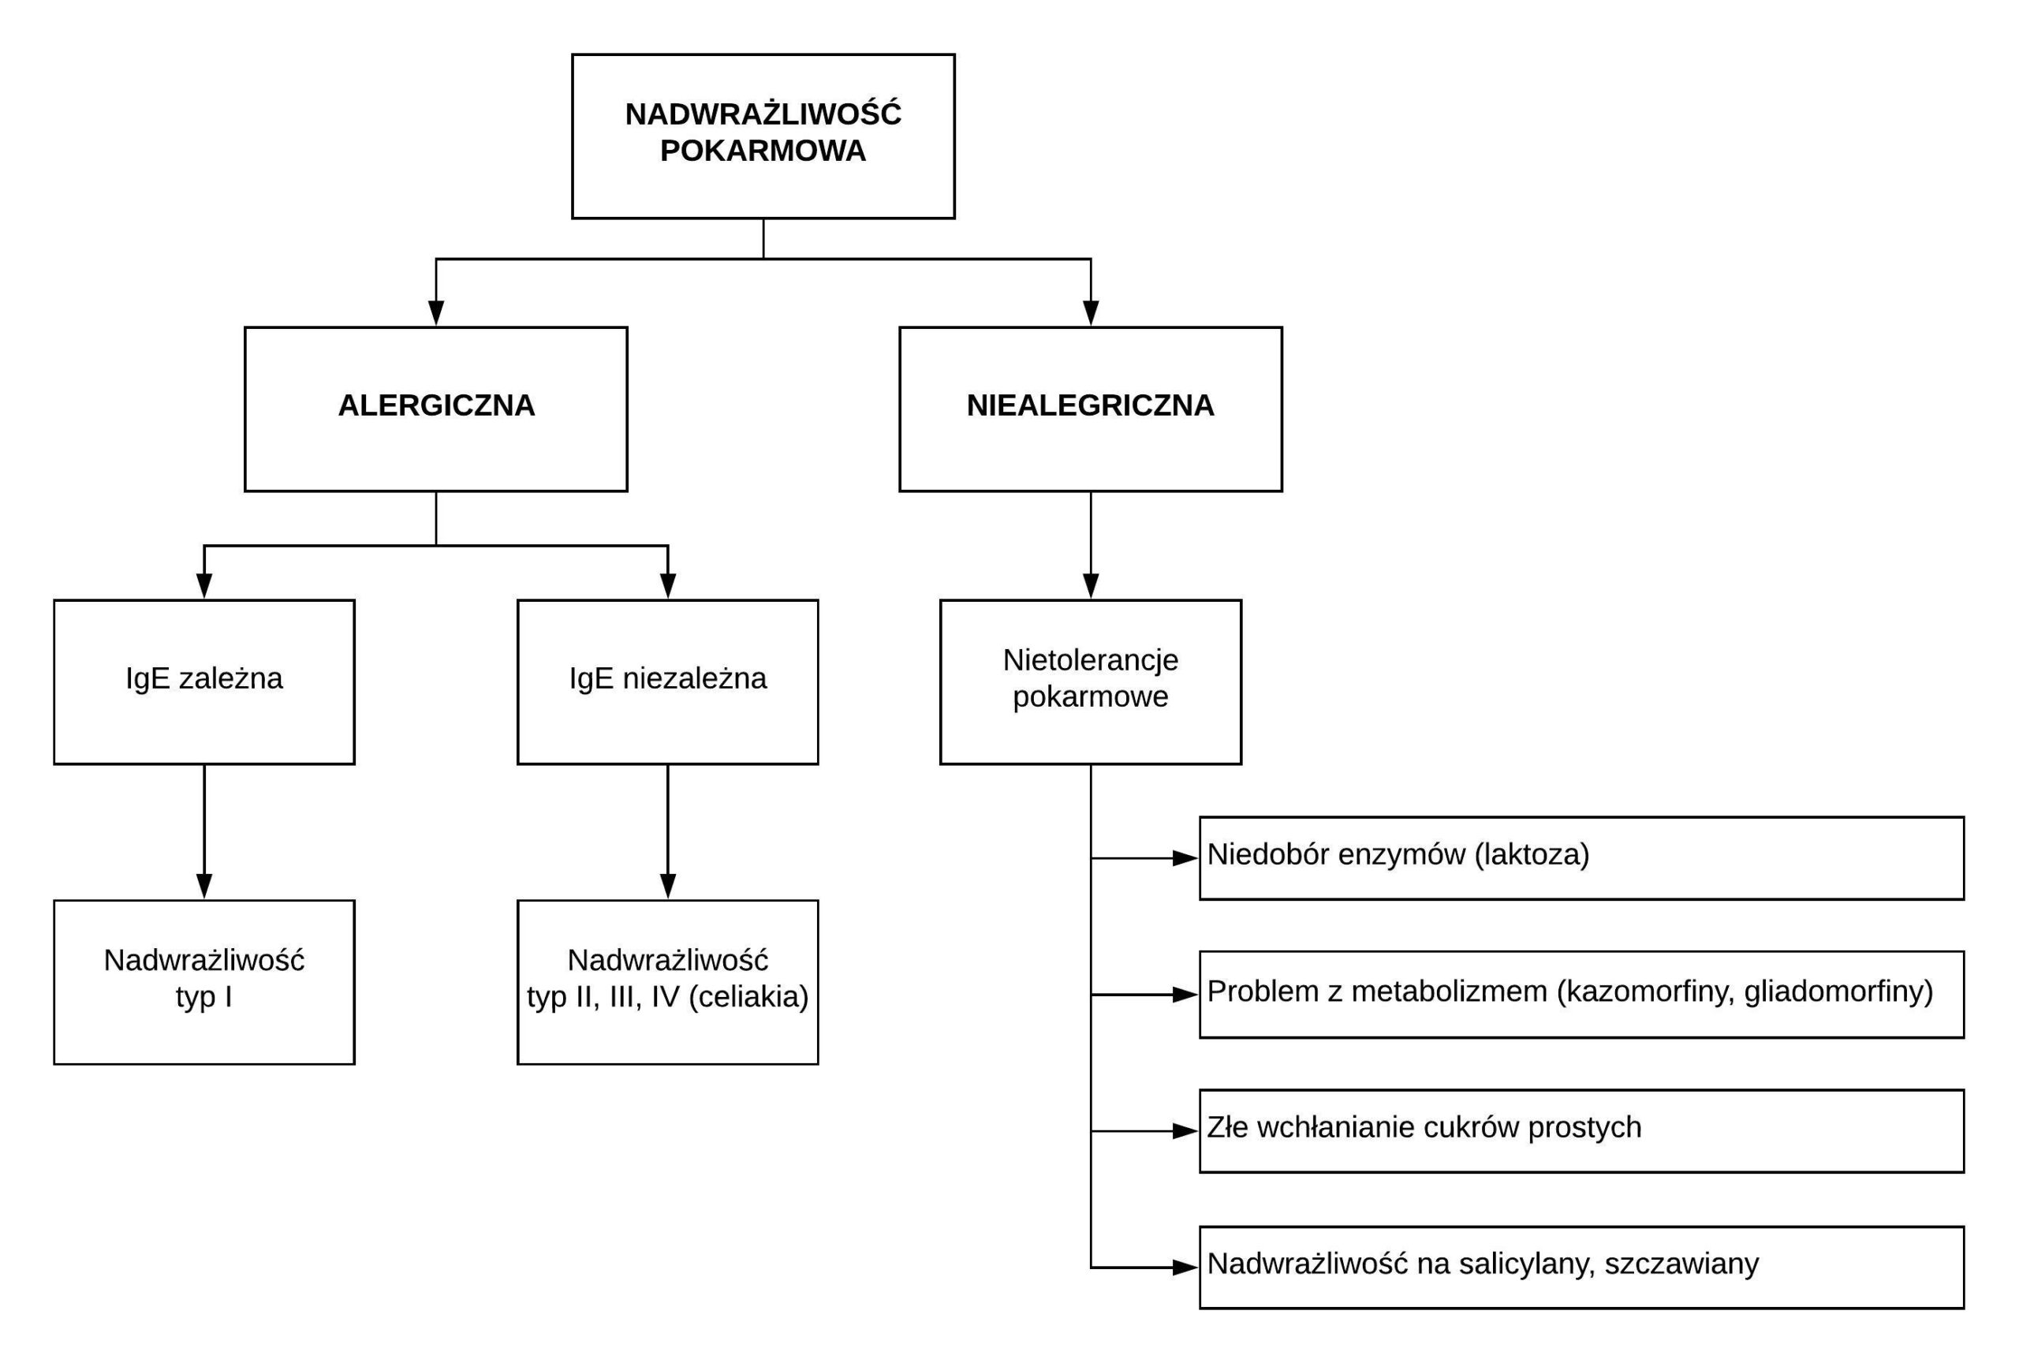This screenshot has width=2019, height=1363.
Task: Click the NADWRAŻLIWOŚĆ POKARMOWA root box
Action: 763,136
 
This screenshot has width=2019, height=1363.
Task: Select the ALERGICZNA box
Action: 436,409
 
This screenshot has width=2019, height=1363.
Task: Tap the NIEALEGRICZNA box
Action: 1090,409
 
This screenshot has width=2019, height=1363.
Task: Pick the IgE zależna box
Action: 204,682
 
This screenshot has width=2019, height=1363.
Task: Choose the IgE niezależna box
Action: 667,682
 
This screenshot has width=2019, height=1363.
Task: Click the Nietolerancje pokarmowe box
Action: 1090,682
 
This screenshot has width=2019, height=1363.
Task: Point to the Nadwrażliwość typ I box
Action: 204,983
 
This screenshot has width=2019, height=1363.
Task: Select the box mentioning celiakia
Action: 667,983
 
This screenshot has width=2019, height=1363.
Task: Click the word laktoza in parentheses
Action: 1532,855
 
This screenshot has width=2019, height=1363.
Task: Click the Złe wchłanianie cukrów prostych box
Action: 1582,1131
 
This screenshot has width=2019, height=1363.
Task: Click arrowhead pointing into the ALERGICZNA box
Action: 436,314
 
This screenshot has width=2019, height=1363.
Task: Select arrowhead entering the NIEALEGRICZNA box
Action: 1090,314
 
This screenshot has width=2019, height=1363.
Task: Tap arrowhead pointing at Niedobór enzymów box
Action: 1186,858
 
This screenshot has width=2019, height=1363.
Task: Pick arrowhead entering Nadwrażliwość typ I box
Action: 204,887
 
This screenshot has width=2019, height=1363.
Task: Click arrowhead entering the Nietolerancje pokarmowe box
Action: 1090,586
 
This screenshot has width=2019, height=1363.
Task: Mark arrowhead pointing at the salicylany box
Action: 1186,1268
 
